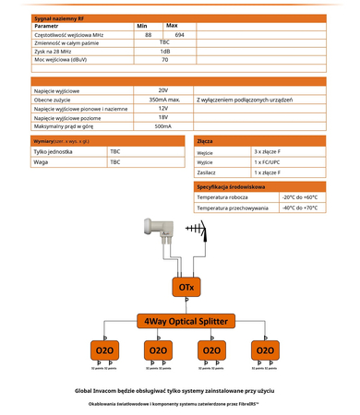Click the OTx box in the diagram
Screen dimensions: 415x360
click(184, 288)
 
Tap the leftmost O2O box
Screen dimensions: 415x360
click(103, 351)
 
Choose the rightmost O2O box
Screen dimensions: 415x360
click(265, 351)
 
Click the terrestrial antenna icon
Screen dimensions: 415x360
click(195, 228)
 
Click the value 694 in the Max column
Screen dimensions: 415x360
click(180, 33)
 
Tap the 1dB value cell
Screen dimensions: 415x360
click(164, 51)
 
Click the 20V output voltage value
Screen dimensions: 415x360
click(162, 90)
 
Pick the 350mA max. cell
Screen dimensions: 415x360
click(162, 99)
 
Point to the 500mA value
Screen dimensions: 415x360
click(162, 125)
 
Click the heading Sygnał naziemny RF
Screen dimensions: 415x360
click(55, 17)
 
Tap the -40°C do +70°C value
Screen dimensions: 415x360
click(299, 207)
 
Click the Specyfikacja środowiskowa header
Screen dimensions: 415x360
click(232, 186)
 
